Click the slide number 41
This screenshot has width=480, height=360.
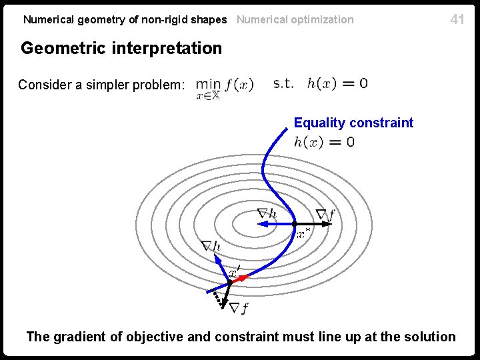tap(457, 19)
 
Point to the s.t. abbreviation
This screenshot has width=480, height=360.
tap(283, 83)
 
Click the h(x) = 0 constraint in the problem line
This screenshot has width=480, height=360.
tap(337, 83)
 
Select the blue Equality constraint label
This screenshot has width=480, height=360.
tap(353, 123)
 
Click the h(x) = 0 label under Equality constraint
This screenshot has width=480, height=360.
tap(324, 141)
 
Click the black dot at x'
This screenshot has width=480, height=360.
tap(229, 283)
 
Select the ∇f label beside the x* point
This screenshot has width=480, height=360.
tap(325, 214)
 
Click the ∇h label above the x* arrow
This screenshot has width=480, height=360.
tap(267, 213)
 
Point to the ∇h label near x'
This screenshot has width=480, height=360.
tap(211, 246)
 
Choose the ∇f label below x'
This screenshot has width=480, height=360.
tap(239, 307)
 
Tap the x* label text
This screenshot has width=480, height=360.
tap(303, 233)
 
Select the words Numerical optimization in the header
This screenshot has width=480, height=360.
tap(295, 19)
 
